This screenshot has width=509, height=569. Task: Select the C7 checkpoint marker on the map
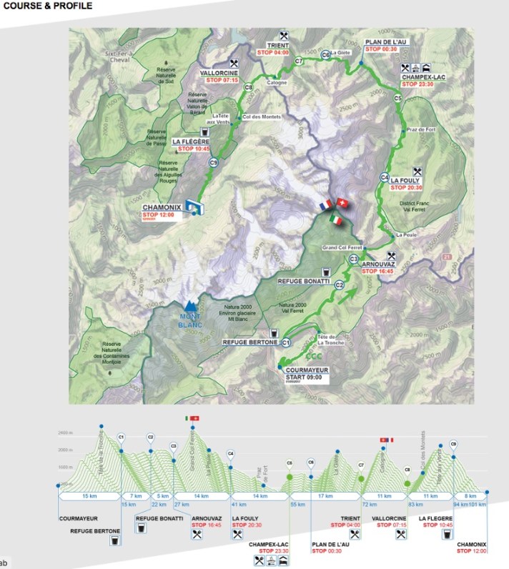(298, 62)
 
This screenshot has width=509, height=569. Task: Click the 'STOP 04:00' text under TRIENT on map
(272, 53)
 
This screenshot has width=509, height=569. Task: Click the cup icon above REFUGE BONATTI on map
(325, 272)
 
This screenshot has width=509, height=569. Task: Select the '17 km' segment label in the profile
(325, 495)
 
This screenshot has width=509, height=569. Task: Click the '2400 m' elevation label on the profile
(66, 433)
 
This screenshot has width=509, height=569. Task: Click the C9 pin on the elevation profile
(453, 445)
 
